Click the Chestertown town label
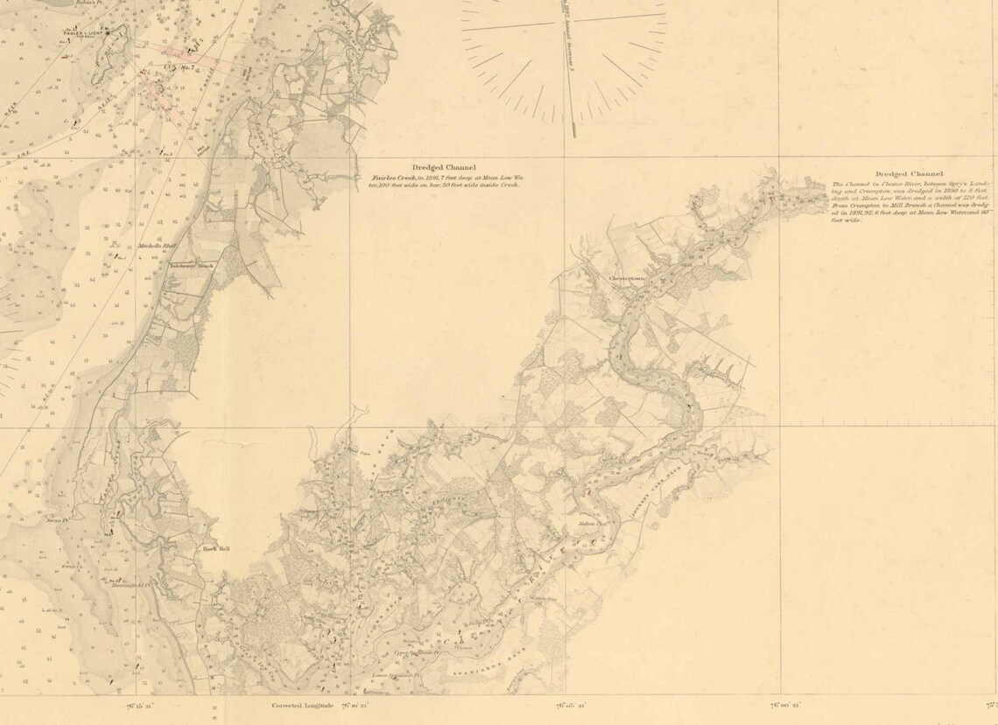(x=628, y=280)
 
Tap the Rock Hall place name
(x=215, y=549)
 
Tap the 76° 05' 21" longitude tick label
(x=569, y=703)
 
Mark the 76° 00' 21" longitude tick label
(x=785, y=703)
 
